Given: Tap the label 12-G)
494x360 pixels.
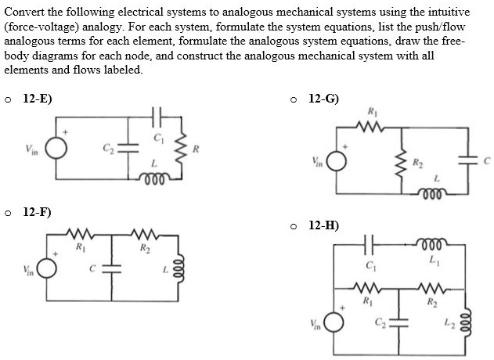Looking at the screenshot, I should pyautogui.click(x=324, y=99).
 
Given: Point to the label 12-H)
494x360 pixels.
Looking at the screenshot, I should pyautogui.click(x=324, y=225).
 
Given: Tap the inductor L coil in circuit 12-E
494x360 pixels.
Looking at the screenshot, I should pyautogui.click(x=155, y=176).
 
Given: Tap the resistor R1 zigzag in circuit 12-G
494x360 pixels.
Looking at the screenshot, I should pyautogui.click(x=370, y=125).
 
